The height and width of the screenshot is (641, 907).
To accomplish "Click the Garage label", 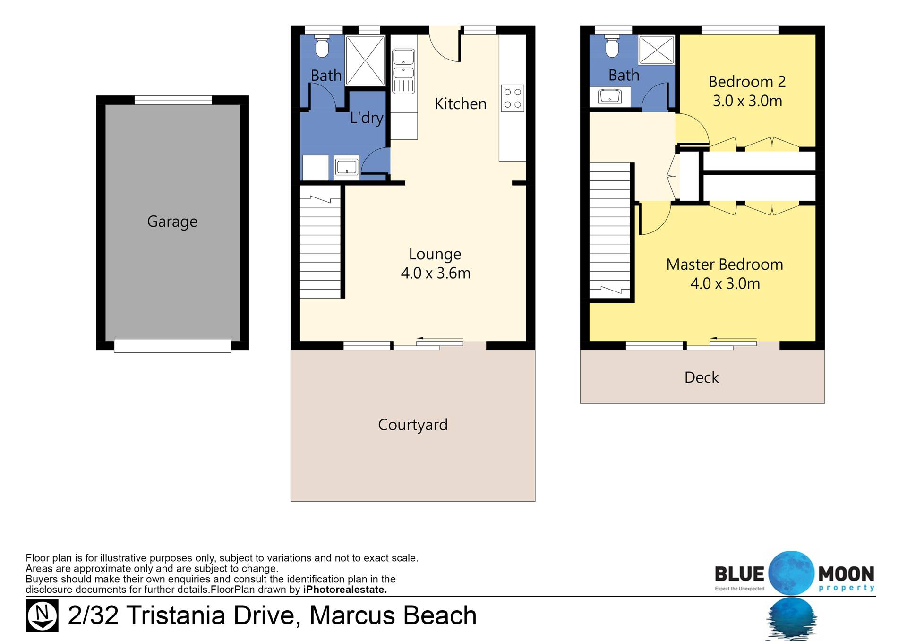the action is click(172, 222).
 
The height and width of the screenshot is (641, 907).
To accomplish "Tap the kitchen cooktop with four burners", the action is click(513, 98).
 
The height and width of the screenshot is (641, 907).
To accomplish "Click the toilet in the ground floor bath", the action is click(322, 46).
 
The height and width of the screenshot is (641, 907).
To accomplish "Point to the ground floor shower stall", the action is click(365, 60).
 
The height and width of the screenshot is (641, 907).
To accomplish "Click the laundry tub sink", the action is click(347, 167).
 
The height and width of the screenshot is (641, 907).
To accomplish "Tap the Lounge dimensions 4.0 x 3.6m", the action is click(436, 273).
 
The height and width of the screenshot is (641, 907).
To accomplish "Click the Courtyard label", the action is click(413, 425).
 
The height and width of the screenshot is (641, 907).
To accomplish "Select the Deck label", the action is click(702, 377).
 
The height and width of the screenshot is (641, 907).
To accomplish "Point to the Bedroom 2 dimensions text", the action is click(747, 101).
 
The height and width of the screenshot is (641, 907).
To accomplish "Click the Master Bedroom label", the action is click(725, 265).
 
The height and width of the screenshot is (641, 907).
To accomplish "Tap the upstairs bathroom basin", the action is click(610, 97).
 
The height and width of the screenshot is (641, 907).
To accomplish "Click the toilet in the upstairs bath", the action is click(612, 46).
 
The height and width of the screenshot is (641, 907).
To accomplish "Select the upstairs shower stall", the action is click(656, 50).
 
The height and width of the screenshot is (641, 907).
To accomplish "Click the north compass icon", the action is click(42, 615).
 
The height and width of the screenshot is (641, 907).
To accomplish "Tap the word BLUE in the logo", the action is click(739, 574).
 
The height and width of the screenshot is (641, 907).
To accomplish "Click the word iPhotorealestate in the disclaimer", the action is click(345, 590).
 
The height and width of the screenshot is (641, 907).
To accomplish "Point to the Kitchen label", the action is click(461, 104).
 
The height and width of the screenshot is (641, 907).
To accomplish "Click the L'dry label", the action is click(367, 118).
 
